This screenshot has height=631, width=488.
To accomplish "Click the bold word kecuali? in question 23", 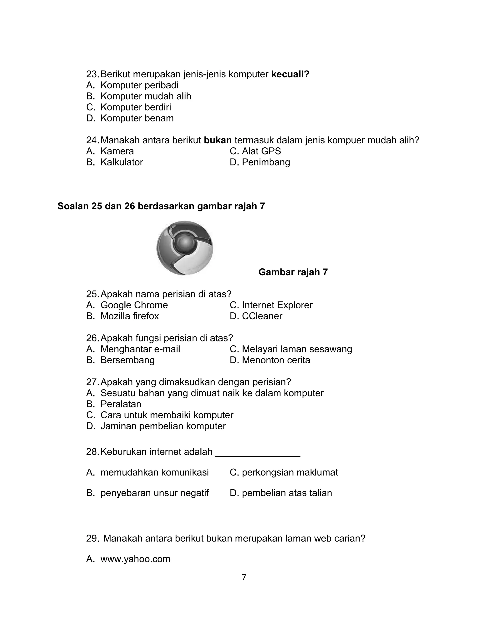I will [x=290, y=74].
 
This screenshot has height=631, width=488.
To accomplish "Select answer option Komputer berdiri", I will [x=136, y=107].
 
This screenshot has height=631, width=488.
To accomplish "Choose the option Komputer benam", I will [x=137, y=118].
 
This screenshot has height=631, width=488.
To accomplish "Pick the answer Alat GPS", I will [x=261, y=151].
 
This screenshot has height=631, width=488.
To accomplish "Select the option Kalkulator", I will [x=122, y=162].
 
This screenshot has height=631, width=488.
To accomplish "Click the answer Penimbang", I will [x=266, y=162].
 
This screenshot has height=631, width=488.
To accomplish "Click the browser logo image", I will [x=185, y=248].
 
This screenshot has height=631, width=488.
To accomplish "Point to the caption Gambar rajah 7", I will [x=293, y=272].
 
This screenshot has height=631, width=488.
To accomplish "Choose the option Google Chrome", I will [x=134, y=305].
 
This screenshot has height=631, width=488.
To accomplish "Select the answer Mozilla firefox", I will [x=130, y=316].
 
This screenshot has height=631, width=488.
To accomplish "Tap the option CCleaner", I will [x=262, y=316].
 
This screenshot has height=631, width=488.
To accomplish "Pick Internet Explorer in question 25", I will [x=277, y=305].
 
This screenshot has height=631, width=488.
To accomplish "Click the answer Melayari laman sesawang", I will [x=297, y=349].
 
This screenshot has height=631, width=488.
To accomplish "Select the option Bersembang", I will [x=127, y=360].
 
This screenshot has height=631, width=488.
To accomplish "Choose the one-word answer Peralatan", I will [x=121, y=404].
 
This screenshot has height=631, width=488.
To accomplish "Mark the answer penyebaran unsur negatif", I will [x=154, y=493].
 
